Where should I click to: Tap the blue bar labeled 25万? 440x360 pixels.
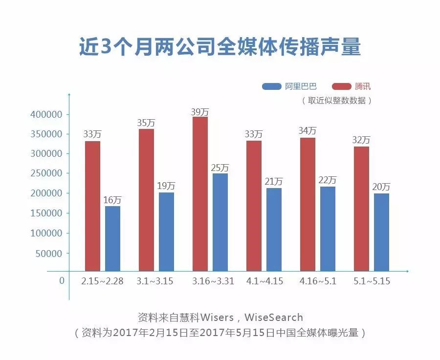[220, 222]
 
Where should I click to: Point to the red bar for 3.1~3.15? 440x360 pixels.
[146, 200]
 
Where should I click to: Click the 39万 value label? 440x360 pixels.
[200, 112]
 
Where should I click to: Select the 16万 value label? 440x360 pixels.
[112, 200]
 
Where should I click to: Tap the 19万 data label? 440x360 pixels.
[166, 186]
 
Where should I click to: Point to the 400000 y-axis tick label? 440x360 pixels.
[48, 115]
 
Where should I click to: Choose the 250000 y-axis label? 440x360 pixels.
[48, 174]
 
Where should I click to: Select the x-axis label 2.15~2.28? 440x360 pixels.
[102, 282]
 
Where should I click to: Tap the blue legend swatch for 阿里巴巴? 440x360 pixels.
[271, 86]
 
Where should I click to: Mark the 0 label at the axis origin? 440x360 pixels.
[62, 281]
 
